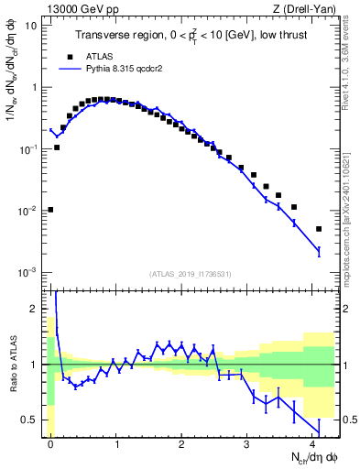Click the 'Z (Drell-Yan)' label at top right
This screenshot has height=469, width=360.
click(306, 8)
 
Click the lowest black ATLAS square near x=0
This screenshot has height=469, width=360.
click(50, 210)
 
